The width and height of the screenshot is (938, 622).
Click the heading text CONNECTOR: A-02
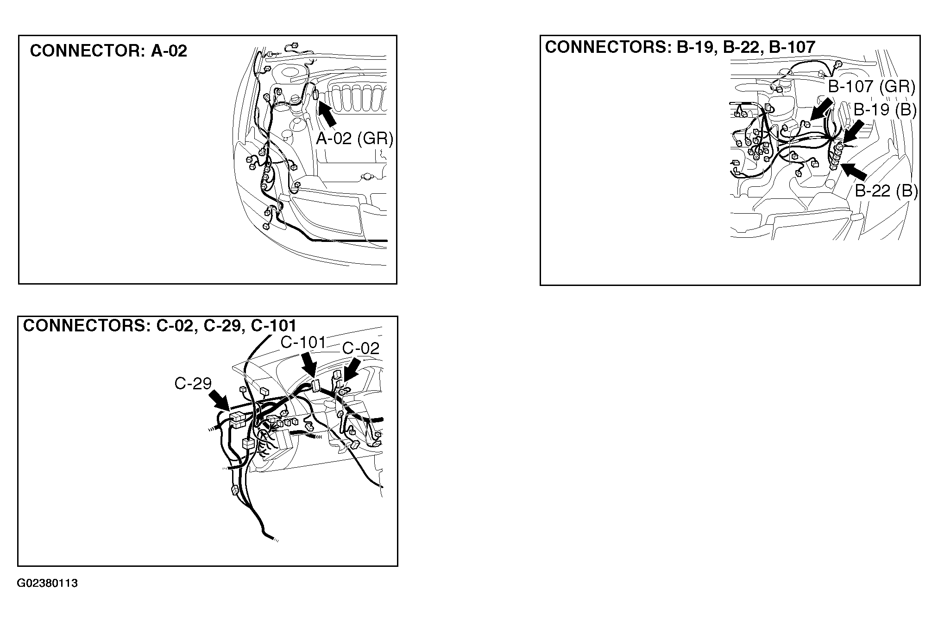[108, 51]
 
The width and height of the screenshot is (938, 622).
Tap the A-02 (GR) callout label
[354, 138]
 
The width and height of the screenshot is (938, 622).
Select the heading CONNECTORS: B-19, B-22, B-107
[680, 47]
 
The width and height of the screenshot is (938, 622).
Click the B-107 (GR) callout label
[871, 87]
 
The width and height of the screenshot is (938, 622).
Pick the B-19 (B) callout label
[885, 110]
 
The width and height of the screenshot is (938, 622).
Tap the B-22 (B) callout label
[886, 191]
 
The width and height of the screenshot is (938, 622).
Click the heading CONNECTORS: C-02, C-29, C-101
[160, 326]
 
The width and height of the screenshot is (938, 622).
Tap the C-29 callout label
[193, 383]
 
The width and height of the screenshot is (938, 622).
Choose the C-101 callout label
[304, 343]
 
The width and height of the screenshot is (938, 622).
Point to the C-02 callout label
[360, 348]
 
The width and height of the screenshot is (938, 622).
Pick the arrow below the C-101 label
[309, 365]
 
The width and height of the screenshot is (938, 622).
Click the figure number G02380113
[48, 583]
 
